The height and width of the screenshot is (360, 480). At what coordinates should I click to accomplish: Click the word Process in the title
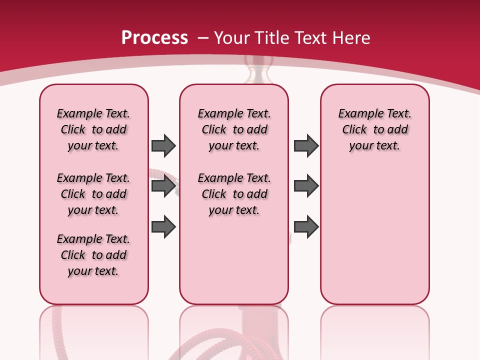[154, 37]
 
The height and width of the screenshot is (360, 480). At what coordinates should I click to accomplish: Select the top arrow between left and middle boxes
[163, 145]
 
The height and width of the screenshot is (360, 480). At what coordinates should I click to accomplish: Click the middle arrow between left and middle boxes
[163, 186]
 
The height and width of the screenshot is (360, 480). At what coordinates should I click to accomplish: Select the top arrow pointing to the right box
[306, 145]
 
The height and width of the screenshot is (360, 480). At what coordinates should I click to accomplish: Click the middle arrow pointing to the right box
[306, 186]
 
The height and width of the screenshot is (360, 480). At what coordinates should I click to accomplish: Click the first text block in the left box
[93, 129]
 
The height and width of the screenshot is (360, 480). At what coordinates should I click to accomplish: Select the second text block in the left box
[93, 194]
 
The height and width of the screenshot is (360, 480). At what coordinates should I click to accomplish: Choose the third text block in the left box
[93, 255]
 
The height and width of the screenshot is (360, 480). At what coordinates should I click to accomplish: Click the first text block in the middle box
[234, 129]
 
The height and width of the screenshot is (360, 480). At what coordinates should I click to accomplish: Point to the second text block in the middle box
[234, 194]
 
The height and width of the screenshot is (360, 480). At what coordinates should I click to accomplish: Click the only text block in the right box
[374, 129]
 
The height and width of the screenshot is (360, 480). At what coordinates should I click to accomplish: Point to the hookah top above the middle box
[259, 70]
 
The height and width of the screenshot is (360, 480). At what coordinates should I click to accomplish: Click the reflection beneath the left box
[94, 325]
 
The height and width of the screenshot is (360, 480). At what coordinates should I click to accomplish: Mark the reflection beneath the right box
[374, 325]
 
